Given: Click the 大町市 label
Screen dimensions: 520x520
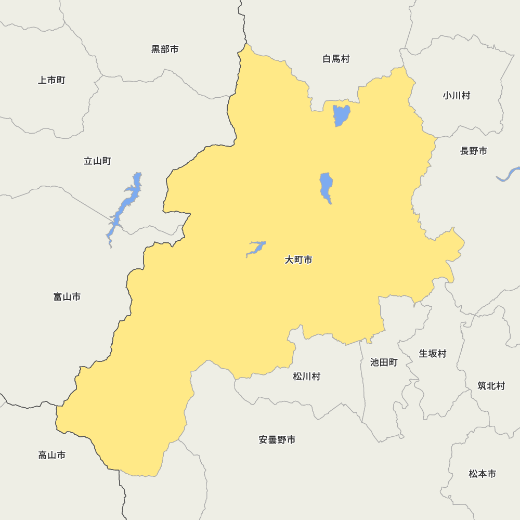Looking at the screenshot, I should point(298,260).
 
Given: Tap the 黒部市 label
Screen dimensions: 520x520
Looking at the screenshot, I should point(165,49).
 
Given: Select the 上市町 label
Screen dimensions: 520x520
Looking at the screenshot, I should point(51,80).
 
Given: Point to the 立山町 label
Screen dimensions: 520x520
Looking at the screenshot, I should point(97,161).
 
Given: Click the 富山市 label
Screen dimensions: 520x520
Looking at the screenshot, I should point(67,297).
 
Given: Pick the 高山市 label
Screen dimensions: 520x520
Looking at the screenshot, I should point(52,456).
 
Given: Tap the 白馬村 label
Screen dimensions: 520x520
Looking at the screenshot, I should point(336,59).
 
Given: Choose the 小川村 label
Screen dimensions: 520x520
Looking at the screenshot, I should point(457,96).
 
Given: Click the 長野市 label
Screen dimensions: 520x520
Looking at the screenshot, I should point(474,151).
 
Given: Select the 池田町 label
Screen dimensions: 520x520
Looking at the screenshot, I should point(384,362).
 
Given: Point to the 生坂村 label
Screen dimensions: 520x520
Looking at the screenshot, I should point(433,354).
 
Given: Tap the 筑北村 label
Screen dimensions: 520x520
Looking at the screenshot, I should point(491,386).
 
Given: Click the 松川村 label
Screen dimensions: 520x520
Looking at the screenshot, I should point(307,376).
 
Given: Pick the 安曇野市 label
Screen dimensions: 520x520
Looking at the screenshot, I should point(277,440).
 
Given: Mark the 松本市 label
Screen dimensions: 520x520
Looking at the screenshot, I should point(482,474).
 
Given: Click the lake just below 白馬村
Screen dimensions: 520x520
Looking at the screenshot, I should point(341,115).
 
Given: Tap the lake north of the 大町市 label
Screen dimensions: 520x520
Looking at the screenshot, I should point(326,187).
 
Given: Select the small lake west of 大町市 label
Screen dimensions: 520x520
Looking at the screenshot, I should point(256,248).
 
